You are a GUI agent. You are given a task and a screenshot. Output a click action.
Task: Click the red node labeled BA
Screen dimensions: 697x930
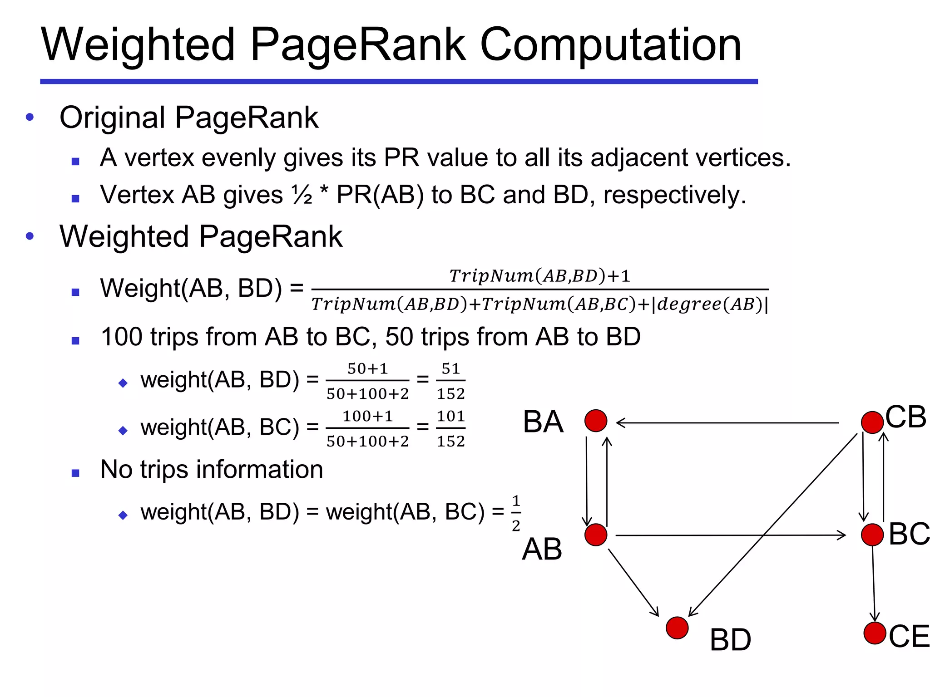(596, 421)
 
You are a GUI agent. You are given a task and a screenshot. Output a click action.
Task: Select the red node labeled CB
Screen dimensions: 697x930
(872, 422)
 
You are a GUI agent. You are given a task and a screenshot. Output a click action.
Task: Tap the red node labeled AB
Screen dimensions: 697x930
(596, 535)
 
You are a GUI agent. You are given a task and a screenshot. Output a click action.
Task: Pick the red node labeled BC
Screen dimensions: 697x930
(872, 535)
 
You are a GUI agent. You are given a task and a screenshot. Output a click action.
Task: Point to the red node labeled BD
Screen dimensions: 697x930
(677, 628)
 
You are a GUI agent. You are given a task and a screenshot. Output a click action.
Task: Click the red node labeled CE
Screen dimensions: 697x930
(875, 633)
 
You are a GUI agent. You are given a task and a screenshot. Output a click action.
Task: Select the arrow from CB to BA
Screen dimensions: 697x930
(727, 423)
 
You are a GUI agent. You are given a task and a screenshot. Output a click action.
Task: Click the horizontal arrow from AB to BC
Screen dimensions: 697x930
(727, 535)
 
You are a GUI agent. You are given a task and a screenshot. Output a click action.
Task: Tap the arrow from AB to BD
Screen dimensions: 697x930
(633, 582)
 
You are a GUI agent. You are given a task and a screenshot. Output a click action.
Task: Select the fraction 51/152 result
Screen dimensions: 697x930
(450, 381)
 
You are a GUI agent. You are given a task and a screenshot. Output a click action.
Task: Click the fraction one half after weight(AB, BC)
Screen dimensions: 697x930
(516, 513)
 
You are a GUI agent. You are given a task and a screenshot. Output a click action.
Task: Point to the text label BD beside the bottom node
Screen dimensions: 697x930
(730, 640)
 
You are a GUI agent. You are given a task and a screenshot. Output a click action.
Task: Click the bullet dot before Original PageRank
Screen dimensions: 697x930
(30, 117)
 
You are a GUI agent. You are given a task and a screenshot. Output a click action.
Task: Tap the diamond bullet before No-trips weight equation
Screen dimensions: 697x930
(123, 515)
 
